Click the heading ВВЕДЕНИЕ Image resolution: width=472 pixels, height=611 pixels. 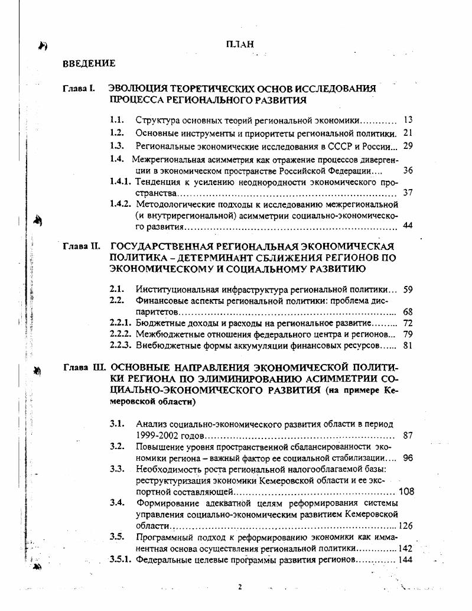click(89, 63)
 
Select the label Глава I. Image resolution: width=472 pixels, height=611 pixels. click(79, 89)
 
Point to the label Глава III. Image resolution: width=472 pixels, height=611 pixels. click(83, 368)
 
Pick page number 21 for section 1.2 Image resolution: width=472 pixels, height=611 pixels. click(407, 133)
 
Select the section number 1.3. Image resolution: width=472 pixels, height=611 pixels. click(116, 145)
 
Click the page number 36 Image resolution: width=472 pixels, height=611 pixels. click(407, 170)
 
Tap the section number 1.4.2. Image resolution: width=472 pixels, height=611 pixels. click(120, 204)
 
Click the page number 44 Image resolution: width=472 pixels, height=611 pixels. click(407, 226)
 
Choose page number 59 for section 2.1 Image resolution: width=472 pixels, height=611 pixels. click(407, 290)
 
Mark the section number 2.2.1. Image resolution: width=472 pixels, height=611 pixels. click(120, 323)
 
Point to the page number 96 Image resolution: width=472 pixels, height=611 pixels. click(407, 458)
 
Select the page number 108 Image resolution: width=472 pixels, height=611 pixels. click(406, 491)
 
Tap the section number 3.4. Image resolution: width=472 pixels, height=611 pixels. click(116, 503)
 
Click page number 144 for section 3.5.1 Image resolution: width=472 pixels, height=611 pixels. click(405, 559)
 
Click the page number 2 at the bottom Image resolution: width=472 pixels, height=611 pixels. click(240, 587)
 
